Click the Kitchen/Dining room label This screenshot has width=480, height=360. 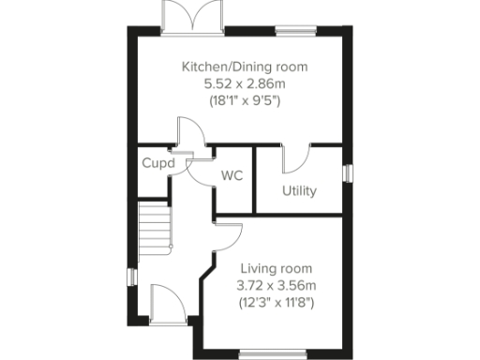[x=244, y=67]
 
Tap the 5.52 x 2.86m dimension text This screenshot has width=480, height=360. [x=244, y=84]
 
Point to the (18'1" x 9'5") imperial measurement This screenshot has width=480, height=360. [x=244, y=101]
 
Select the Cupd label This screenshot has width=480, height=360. [x=157, y=162]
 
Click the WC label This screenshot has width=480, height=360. [x=232, y=175]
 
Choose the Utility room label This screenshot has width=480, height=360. [x=299, y=191]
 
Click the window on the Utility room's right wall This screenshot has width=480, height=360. [x=349, y=174]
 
